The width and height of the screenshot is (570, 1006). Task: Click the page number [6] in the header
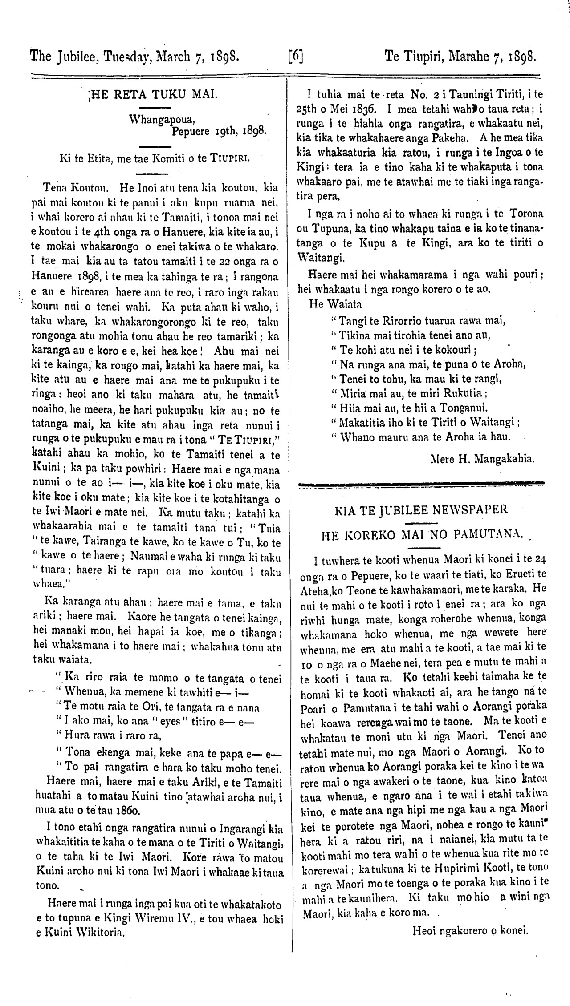pyautogui.click(x=296, y=57)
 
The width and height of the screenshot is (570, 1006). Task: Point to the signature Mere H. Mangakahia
pyautogui.click(x=482, y=458)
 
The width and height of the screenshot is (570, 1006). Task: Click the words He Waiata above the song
pyautogui.click(x=335, y=304)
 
